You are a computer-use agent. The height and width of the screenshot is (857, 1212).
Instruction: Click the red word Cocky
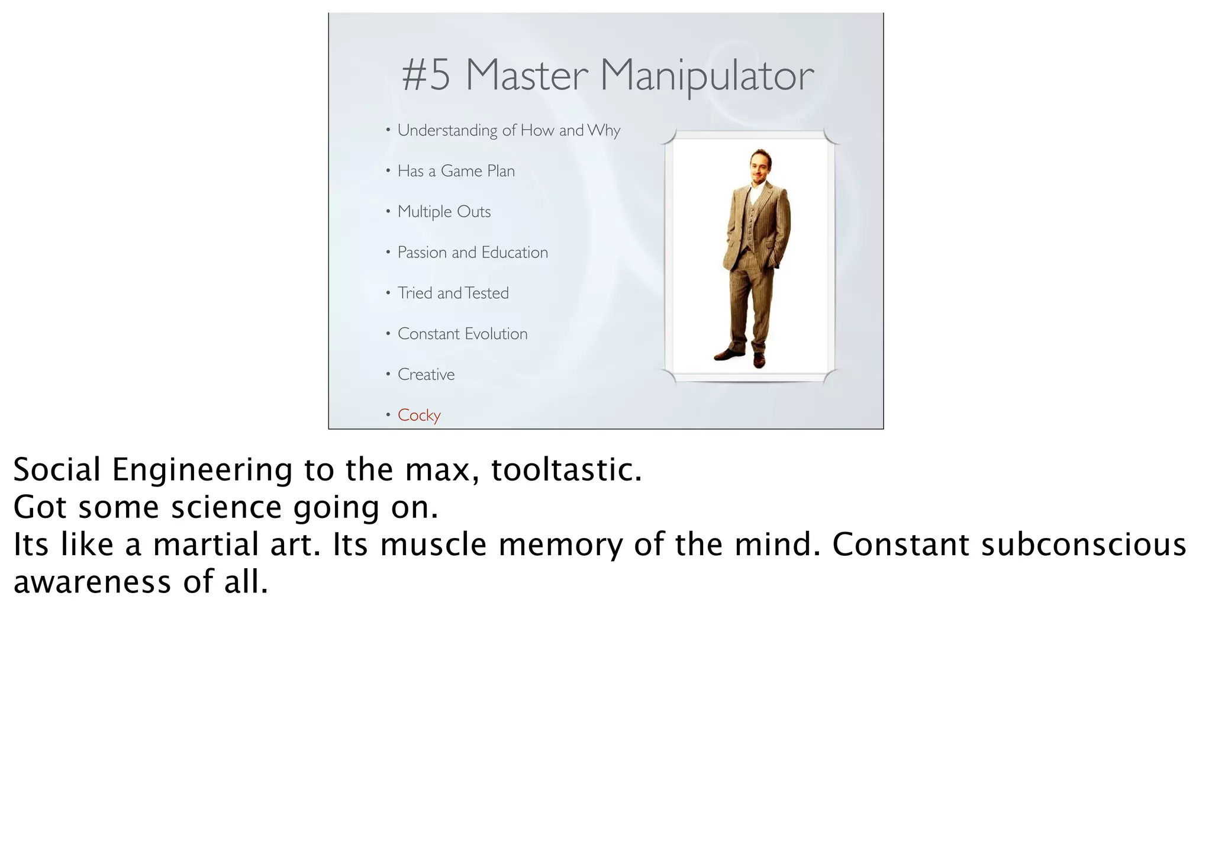[419, 415]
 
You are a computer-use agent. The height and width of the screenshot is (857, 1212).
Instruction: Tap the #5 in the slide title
[426, 76]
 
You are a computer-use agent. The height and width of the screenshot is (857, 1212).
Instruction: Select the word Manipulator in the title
[707, 77]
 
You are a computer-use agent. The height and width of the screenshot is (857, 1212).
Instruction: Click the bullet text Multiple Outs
[444, 212]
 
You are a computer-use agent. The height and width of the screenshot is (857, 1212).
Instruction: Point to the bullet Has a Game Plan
[456, 171]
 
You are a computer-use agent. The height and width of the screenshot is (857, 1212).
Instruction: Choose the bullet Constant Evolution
[462, 334]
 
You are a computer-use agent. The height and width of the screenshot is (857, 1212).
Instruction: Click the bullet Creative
[426, 375]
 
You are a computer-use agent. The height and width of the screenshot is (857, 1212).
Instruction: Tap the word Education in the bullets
[514, 253]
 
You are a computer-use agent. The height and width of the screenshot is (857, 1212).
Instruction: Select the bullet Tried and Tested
[453, 293]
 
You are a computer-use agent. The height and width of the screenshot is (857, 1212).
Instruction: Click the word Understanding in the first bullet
[447, 131]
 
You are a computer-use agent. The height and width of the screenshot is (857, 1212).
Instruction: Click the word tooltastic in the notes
[566, 470]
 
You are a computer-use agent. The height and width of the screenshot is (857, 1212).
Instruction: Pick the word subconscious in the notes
[1083, 545]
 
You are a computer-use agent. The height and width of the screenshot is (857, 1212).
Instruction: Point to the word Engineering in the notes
[202, 471]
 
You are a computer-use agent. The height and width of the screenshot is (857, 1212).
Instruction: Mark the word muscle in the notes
[433, 545]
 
